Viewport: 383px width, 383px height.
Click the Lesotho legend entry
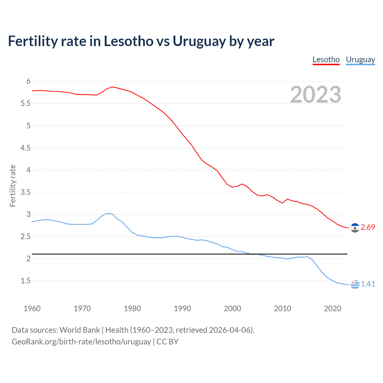point(326,60)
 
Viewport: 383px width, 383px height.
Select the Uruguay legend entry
point(360,60)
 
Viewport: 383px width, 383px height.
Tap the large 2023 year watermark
point(316,95)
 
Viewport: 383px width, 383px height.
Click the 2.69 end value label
point(368,227)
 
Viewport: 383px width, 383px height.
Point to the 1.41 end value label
point(368,284)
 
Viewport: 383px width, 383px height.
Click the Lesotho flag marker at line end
point(355,228)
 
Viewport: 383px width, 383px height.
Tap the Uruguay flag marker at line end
point(355,284)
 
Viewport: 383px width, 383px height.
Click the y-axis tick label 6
point(28,81)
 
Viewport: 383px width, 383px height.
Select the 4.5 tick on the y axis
point(26,148)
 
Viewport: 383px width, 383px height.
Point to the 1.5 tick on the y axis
point(26,281)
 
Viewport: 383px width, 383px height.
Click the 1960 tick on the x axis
point(32,308)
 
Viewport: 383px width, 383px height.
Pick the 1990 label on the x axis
point(182,308)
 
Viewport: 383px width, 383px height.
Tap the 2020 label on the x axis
point(332,308)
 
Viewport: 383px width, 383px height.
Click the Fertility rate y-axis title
point(13,186)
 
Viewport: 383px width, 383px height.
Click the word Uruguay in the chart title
point(199,41)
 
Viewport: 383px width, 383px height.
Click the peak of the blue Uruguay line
point(107,213)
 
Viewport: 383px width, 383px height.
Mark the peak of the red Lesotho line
point(112,87)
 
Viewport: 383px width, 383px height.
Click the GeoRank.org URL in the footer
point(81,342)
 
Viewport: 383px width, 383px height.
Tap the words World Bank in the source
point(80,330)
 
